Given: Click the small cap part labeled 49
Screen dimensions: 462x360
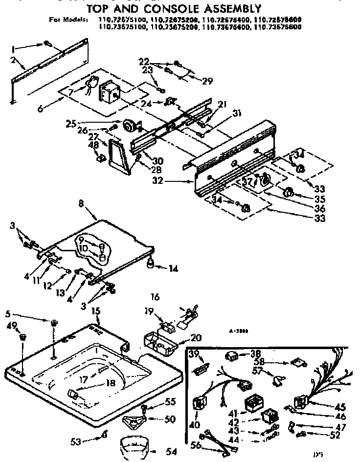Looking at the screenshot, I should tap(22, 337).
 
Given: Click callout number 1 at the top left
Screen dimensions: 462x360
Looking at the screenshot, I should tap(13, 47).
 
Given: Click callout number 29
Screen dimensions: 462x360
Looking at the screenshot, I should tap(207, 81).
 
